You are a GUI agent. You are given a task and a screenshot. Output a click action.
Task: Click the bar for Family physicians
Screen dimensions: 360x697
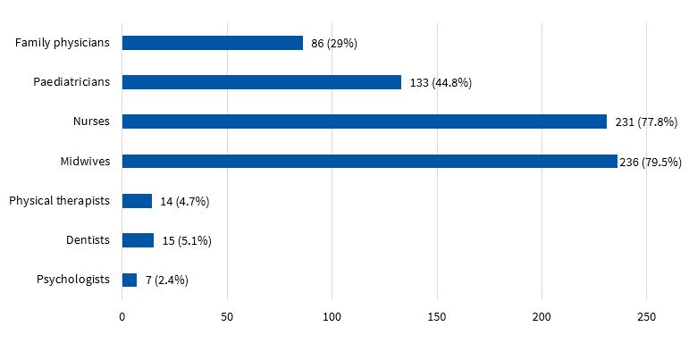pos(213,43)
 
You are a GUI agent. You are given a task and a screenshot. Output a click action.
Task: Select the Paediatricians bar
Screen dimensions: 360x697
pos(262,82)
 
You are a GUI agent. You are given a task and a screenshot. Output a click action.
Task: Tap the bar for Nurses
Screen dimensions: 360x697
pos(365,121)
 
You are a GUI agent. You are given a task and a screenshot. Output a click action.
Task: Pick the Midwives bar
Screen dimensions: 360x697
pos(369,162)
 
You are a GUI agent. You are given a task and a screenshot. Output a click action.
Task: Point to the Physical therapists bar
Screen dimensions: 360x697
pos(137,201)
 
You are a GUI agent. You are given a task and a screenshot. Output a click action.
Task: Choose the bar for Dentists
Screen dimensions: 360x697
pos(138,240)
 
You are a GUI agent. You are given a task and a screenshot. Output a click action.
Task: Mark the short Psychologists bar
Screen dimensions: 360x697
pos(130,280)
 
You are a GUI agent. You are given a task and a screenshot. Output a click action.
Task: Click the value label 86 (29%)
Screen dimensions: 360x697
pos(334,43)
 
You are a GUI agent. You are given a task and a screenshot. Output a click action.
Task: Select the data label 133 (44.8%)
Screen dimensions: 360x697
pos(441,82)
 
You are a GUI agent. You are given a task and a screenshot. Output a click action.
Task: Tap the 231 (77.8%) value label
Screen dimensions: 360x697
pos(646,121)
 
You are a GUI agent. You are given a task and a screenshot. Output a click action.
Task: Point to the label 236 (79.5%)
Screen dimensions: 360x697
pos(651,162)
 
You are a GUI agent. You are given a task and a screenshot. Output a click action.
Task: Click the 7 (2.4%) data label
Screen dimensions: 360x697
pos(167,280)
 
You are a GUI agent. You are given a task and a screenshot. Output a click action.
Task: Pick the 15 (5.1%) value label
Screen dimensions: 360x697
pos(187,240)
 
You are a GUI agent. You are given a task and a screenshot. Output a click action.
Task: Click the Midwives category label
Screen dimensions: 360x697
pos(86,162)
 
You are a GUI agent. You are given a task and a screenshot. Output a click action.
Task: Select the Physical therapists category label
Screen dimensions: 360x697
pos(59,201)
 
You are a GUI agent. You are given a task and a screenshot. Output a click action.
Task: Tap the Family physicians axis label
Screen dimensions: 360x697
pos(63,43)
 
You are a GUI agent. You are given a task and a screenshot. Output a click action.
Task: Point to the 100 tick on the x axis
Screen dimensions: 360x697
pos(332,317)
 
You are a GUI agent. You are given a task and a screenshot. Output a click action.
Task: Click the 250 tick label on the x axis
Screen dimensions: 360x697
pos(647,317)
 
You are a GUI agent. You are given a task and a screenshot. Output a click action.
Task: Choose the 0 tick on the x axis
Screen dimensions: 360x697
pos(122,317)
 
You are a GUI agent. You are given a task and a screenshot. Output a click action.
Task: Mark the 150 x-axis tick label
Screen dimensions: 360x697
pos(437,317)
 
